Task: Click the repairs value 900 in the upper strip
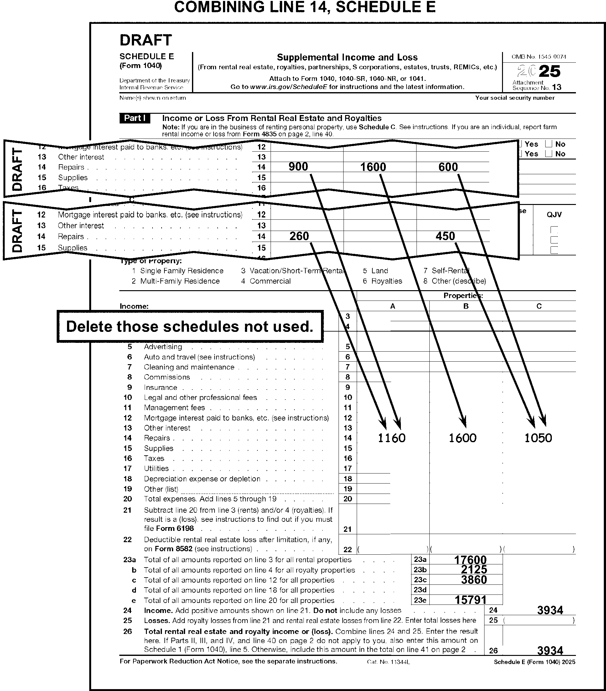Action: click(298, 167)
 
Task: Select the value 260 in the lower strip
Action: click(299, 236)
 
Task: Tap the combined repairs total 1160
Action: click(391, 438)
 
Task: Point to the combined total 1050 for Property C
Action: click(538, 438)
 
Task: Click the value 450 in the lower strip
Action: click(445, 236)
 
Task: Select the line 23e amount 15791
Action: click(470, 600)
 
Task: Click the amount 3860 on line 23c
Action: click(474, 580)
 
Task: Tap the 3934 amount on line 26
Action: click(550, 651)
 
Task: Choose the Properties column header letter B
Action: click(466, 306)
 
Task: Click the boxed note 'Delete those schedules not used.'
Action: click(190, 327)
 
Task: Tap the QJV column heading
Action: click(554, 215)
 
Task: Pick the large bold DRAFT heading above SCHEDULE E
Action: click(146, 40)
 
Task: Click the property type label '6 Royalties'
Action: click(382, 281)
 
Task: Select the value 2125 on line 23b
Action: click(474, 570)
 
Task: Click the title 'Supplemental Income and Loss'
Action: click(347, 57)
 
